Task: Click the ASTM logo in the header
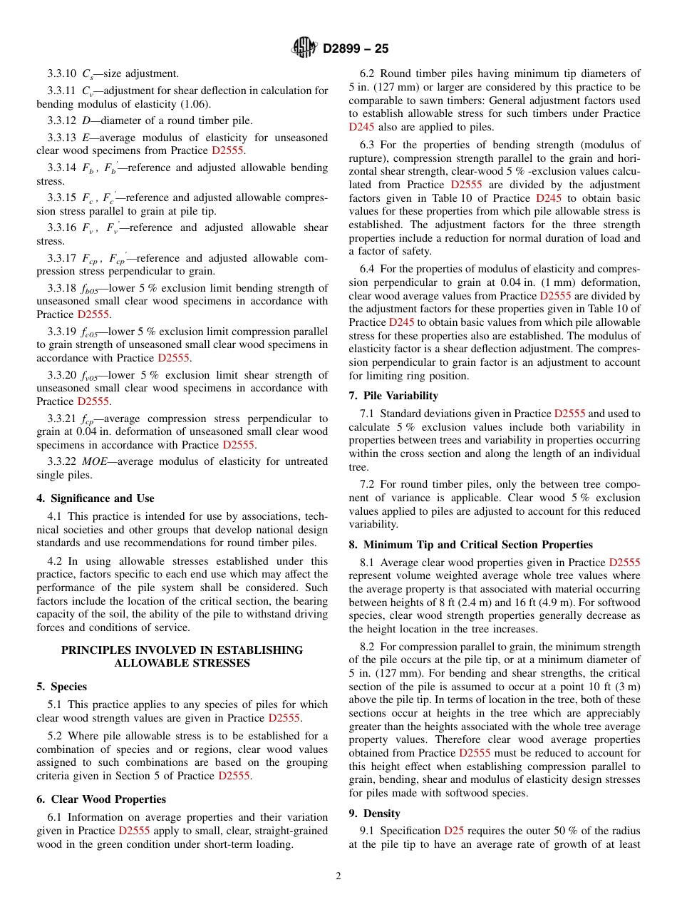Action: coord(304,48)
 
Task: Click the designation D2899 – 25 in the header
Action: coord(356,49)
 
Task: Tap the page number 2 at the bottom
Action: coord(338,876)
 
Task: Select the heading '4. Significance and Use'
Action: coord(95,498)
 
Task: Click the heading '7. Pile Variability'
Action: coord(393,396)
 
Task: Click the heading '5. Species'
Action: coord(62,687)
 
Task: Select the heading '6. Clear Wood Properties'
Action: coord(101,799)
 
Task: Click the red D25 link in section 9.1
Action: coord(454,831)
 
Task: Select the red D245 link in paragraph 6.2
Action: coord(361,127)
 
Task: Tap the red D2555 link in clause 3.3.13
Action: coord(228,150)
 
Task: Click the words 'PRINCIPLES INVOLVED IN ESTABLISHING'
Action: coord(182,650)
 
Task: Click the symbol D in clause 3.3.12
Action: coord(86,121)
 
